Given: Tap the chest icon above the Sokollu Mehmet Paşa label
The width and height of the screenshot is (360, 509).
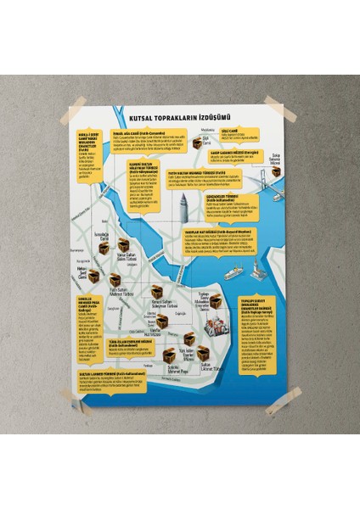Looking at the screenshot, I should (x=173, y=356).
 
